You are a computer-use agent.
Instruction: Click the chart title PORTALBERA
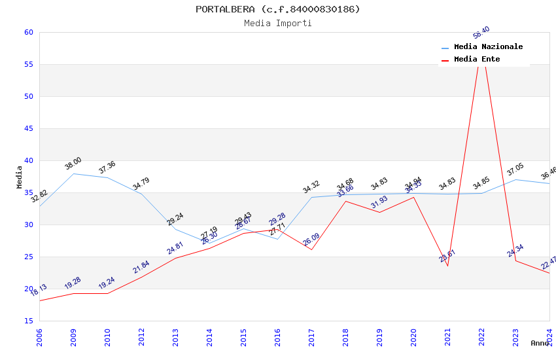pos(277,9)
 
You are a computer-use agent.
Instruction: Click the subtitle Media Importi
pos(277,23)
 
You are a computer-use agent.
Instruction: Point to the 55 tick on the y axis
pos(28,65)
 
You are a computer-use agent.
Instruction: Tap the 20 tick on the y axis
pos(28,289)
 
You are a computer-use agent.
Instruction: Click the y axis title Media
pos(20,177)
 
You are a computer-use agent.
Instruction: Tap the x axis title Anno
pos(540,343)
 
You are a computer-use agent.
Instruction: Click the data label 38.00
pos(73,164)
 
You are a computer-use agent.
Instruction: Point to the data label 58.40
pos(481,33)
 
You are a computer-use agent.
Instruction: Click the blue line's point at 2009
pos(73,173)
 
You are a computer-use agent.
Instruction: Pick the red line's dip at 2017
pos(311,249)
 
